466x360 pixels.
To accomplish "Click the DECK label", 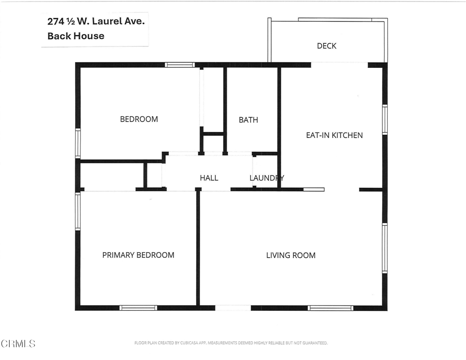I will pyautogui.click(x=326, y=46).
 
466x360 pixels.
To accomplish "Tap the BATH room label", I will pyautogui.click(x=248, y=120).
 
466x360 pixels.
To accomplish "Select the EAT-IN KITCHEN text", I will pyautogui.click(x=334, y=135).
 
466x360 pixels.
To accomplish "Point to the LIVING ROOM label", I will pyautogui.click(x=290, y=255).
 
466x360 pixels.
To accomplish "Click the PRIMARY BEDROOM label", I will pyautogui.click(x=138, y=255).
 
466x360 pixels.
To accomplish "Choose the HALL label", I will pyautogui.click(x=209, y=178).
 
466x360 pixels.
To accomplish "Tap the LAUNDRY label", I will pyautogui.click(x=267, y=178).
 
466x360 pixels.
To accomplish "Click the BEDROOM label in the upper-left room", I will pyautogui.click(x=139, y=119).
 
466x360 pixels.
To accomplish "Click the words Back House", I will pyautogui.click(x=76, y=36).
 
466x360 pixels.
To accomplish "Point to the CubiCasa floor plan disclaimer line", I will pyautogui.click(x=231, y=343).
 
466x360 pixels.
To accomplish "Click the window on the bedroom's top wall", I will pyautogui.click(x=179, y=65).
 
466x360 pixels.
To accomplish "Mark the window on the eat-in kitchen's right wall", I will pyautogui.click(x=385, y=120).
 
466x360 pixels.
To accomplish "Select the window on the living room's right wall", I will pyautogui.click(x=385, y=248).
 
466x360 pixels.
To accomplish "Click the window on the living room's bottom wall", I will pyautogui.click(x=330, y=308).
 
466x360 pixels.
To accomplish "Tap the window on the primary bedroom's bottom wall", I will pyautogui.click(x=138, y=308).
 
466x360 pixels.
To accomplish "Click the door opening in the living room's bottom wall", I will pyautogui.click(x=233, y=308).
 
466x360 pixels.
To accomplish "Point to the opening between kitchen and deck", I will pyautogui.click(x=339, y=65).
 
